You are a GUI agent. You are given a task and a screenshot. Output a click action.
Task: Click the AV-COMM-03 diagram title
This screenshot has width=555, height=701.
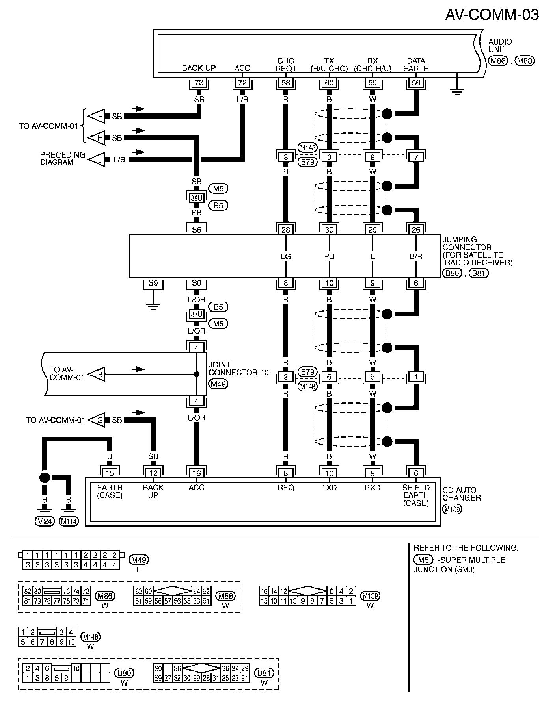492,15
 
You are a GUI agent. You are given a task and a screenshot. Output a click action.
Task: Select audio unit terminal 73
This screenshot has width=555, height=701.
199,83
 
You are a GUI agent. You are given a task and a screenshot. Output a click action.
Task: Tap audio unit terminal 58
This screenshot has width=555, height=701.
286,83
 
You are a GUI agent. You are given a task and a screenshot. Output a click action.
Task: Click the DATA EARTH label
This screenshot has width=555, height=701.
416,65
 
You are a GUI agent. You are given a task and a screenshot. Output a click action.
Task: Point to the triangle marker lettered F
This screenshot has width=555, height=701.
97,116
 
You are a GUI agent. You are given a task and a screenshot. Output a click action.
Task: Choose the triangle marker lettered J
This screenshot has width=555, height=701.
97,159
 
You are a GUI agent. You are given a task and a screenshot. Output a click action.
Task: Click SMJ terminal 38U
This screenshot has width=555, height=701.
196,198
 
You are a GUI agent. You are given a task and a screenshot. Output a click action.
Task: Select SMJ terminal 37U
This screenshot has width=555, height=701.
196,315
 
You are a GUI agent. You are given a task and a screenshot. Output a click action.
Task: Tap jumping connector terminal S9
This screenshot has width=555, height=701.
153,283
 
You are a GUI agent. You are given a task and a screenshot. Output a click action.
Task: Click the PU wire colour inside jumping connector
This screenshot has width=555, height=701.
329,257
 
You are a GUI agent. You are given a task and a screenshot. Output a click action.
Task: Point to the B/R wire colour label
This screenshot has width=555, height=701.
416,257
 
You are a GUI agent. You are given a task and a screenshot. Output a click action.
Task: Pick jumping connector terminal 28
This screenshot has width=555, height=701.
286,230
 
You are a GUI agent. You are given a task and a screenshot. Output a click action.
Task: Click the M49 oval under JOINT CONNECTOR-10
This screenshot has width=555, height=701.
218,384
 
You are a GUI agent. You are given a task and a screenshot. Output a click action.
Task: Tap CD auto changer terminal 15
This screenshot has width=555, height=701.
110,473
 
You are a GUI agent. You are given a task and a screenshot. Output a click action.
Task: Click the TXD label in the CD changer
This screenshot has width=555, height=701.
329,488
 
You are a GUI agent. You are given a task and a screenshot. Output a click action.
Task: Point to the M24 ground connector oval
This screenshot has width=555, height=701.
44,522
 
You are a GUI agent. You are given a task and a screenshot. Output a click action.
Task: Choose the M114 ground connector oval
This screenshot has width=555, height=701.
69,522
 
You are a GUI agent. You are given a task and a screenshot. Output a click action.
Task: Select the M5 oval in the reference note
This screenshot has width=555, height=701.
423,560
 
